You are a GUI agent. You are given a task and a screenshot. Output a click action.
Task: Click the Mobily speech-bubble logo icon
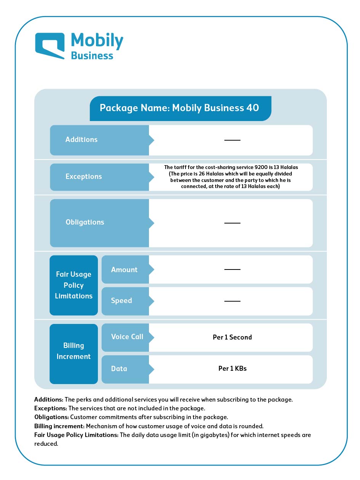(x=50, y=46)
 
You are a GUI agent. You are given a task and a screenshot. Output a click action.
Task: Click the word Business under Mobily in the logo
(x=92, y=56)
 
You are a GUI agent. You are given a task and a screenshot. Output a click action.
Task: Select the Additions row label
(x=82, y=140)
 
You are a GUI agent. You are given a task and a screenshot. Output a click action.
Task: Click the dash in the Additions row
(x=232, y=140)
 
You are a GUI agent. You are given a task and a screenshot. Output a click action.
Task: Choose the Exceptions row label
(x=83, y=177)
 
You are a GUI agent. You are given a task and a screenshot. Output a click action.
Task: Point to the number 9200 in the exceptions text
(x=261, y=167)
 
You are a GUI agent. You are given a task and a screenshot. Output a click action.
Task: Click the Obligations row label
(x=85, y=222)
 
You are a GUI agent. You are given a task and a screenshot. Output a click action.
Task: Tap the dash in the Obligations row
(x=232, y=223)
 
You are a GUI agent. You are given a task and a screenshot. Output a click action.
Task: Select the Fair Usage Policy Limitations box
(x=74, y=285)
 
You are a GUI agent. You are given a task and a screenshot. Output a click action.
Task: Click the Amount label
(x=124, y=270)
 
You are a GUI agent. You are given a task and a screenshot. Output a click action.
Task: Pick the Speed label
(x=121, y=300)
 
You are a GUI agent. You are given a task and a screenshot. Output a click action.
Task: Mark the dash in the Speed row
(x=232, y=301)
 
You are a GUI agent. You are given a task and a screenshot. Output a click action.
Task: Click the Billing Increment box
(x=74, y=354)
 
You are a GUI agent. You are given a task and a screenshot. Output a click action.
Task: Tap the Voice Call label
(x=127, y=336)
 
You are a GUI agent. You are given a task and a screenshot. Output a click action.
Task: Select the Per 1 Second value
(x=232, y=337)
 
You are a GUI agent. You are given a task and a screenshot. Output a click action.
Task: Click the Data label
(x=119, y=369)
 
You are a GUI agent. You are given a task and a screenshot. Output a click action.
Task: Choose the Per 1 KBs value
(x=232, y=368)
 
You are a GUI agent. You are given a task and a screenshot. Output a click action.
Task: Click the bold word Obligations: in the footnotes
(x=51, y=417)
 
